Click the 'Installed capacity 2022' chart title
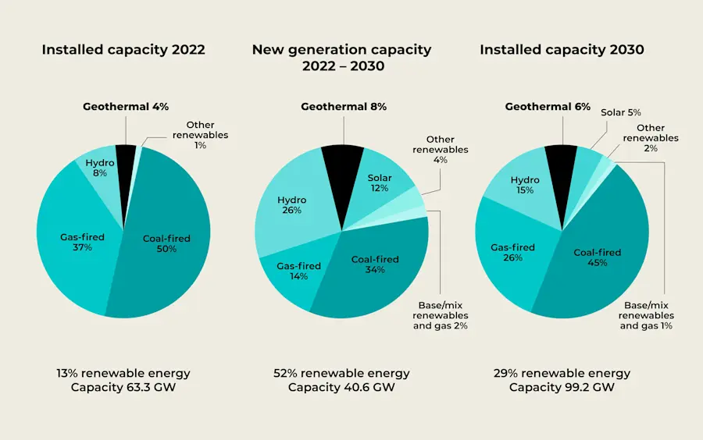tap(123, 50)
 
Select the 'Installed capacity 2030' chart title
tap(562, 50)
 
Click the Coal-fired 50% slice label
tap(166, 243)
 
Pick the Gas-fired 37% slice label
tap(82, 242)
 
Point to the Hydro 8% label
tap(100, 168)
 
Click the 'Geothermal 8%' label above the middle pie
tap(344, 107)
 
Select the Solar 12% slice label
tap(380, 183)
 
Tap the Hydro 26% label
tap(291, 205)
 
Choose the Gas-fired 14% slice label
tap(298, 271)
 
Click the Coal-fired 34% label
tap(375, 264)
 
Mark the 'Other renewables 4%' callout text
tap(441, 149)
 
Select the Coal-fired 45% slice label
tap(598, 257)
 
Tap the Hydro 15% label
tap(525, 185)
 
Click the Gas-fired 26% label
tap(512, 252)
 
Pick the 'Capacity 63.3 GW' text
tap(123, 387)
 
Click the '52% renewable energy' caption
tap(341, 373)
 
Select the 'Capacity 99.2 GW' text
tap(562, 387)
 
